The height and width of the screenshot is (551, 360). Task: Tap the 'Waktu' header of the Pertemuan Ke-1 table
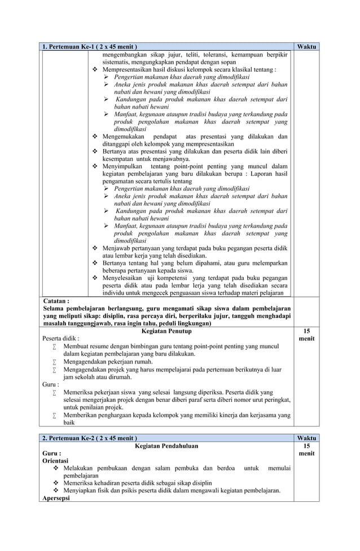(x=306, y=46)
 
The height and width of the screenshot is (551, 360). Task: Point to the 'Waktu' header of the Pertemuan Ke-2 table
(x=306, y=438)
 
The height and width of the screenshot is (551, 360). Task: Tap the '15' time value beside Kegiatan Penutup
(x=306, y=331)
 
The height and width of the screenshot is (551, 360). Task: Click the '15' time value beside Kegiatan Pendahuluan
(x=306, y=445)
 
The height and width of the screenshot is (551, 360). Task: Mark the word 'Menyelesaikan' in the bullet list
(x=125, y=278)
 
